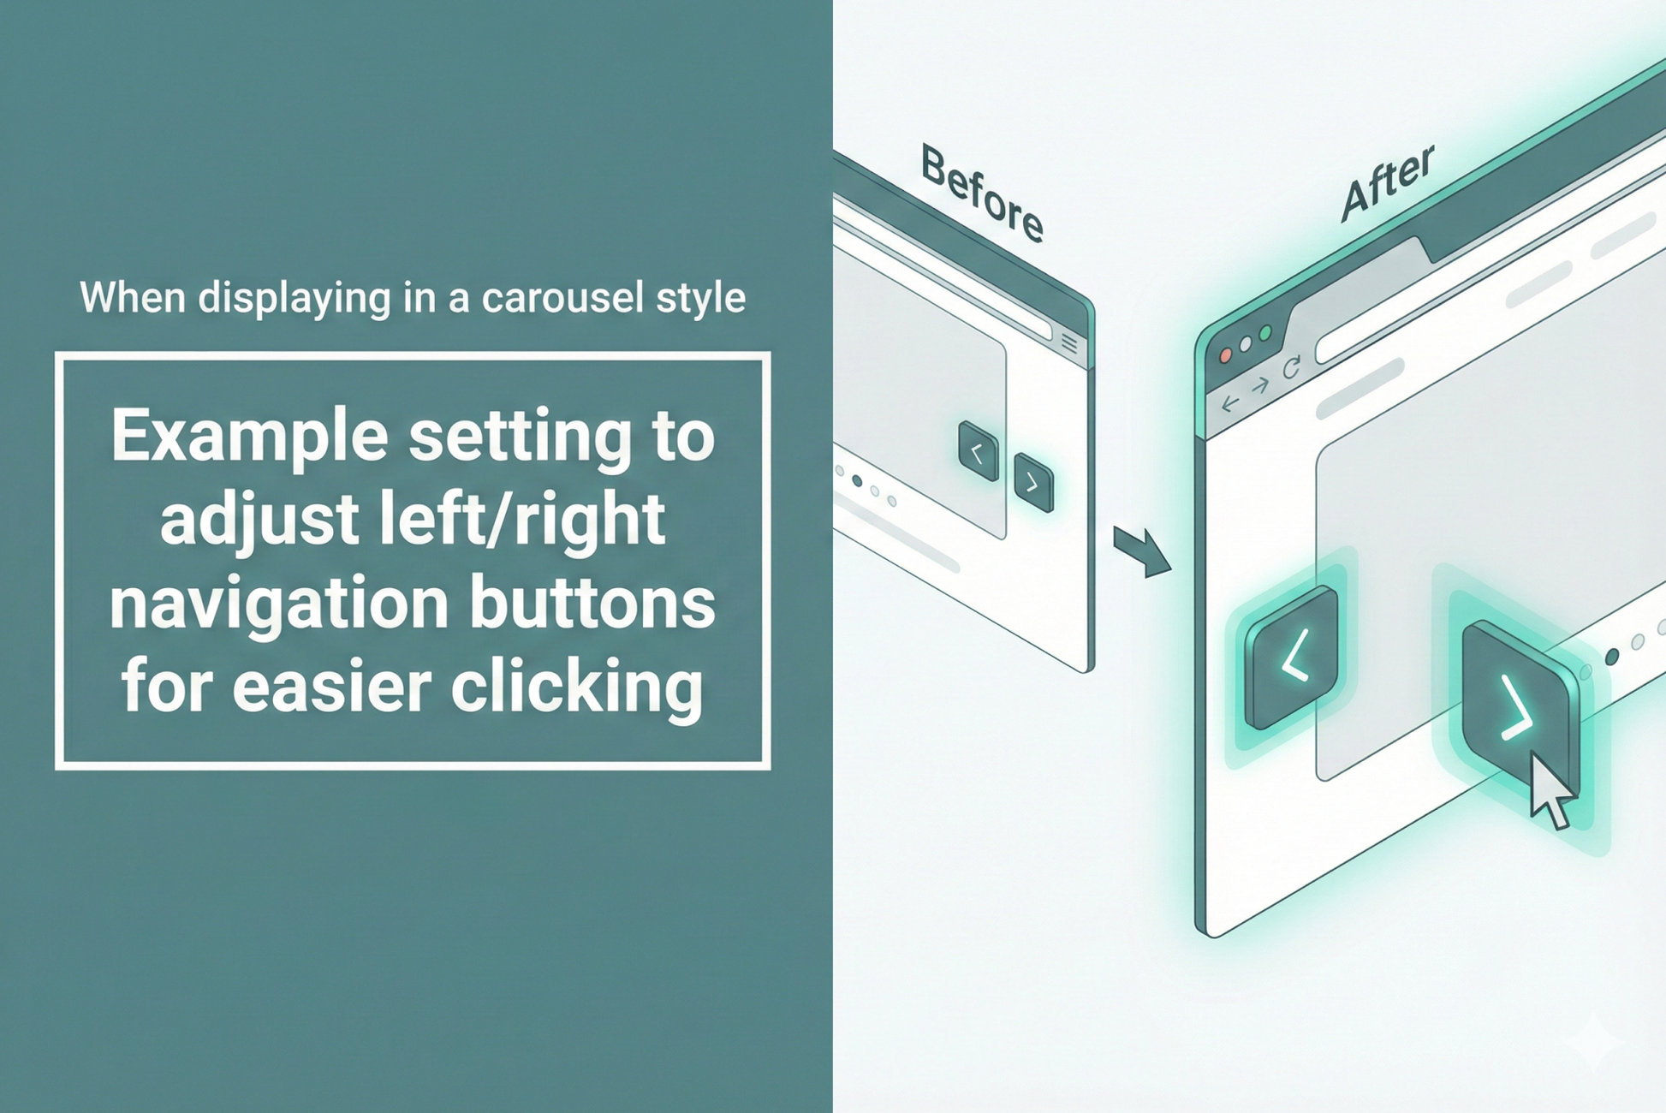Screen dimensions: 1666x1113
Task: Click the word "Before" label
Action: point(982,193)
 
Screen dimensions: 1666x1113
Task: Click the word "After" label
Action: point(1387,182)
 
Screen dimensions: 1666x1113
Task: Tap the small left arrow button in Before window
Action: point(979,451)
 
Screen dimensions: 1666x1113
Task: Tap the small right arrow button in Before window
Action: point(1033,483)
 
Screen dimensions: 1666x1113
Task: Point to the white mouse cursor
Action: point(1550,791)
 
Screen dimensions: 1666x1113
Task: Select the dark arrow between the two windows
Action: point(1142,551)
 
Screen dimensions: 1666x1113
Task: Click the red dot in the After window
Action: point(1226,355)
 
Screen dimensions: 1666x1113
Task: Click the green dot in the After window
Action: point(1265,332)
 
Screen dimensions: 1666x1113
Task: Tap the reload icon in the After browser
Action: point(1292,368)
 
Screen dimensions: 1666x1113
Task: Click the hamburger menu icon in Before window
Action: point(1069,343)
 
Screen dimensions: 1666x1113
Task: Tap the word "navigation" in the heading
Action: point(278,603)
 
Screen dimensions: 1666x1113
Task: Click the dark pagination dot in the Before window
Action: point(857,481)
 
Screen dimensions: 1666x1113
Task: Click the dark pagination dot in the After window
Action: point(1612,657)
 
